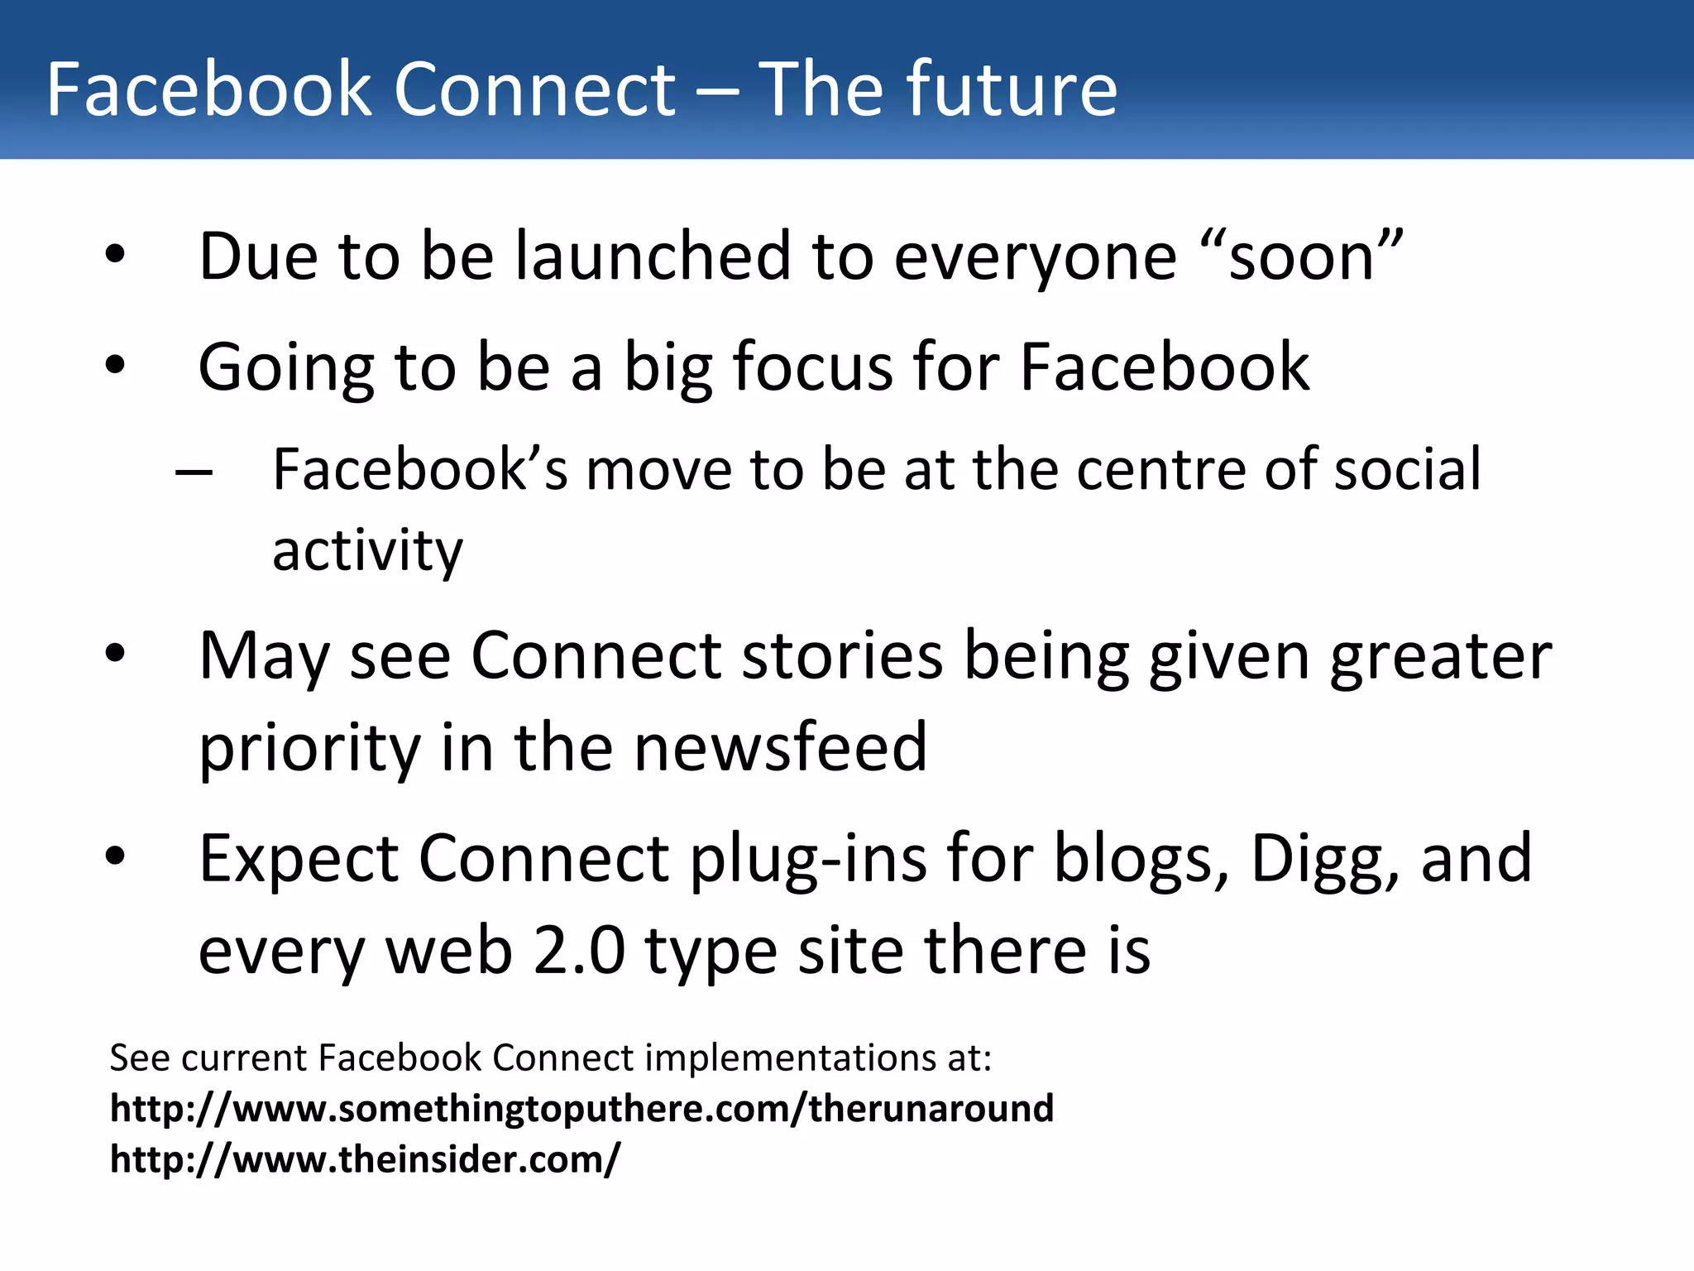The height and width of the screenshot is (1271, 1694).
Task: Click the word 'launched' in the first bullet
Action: (653, 256)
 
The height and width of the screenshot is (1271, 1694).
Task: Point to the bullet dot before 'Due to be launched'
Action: (115, 254)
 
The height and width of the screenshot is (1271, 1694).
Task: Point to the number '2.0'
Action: (579, 951)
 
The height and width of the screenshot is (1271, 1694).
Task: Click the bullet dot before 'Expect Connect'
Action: (115, 857)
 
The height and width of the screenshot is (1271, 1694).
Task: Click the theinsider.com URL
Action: (365, 1159)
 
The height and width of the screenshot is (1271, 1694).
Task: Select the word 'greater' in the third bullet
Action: (1440, 656)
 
